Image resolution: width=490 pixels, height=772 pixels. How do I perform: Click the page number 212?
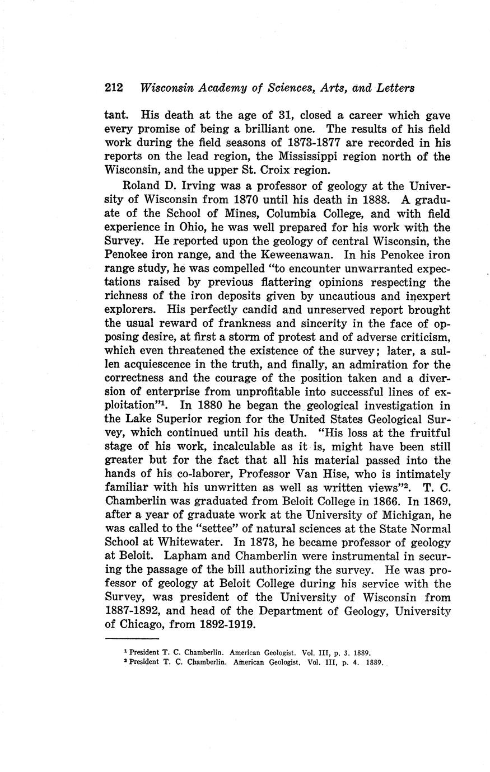point(114,88)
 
